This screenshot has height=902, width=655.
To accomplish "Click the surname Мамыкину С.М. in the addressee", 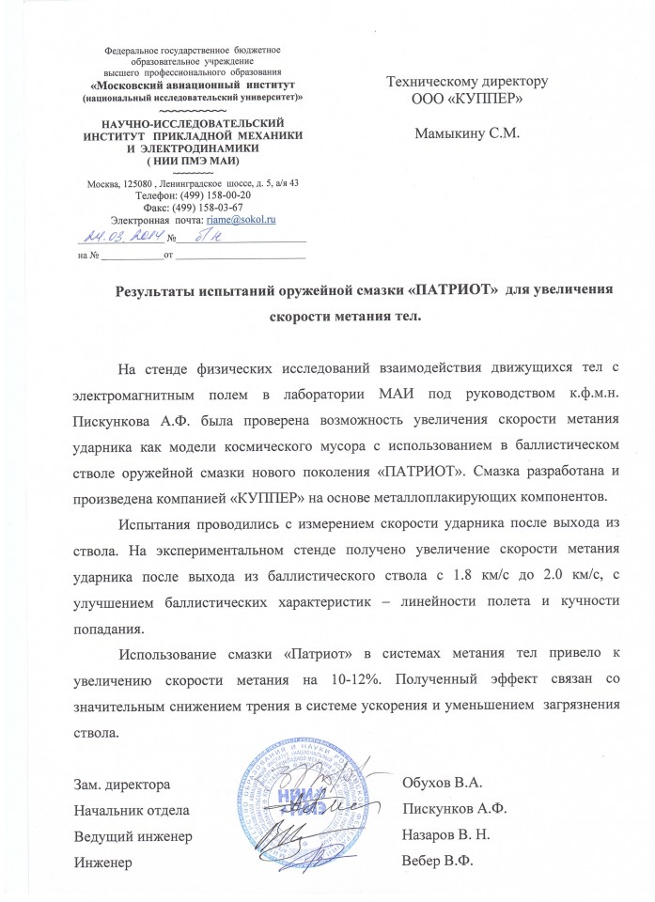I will [x=467, y=132].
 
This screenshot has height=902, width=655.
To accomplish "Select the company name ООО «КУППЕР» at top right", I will [x=467, y=98].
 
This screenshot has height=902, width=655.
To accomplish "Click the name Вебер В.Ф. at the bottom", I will [x=437, y=861].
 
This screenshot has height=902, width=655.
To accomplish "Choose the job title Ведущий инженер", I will [x=133, y=834].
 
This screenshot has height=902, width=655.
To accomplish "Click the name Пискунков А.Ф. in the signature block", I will [x=455, y=808].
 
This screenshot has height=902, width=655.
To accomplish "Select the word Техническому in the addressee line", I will [x=433, y=82].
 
